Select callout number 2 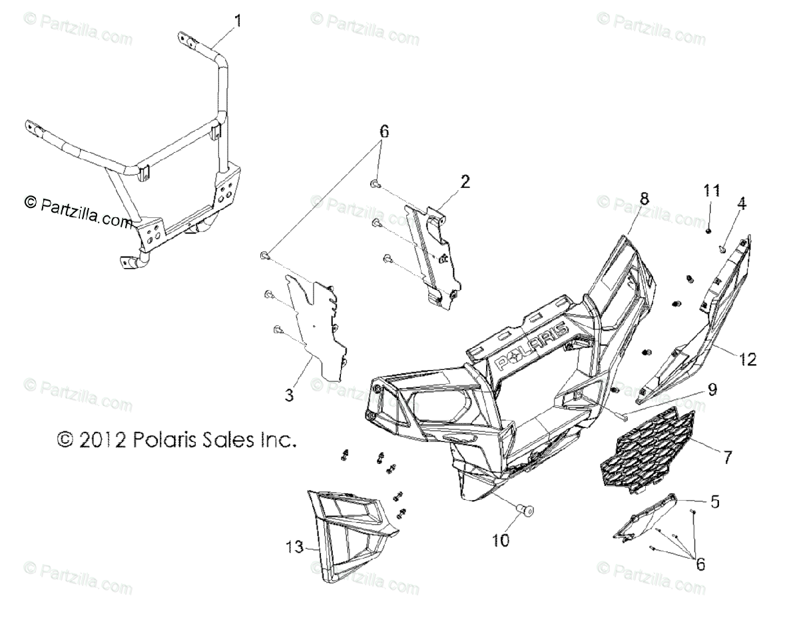464,181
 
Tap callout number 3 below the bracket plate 289,395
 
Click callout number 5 696,501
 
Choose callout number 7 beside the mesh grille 727,457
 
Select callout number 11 712,191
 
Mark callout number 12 748,359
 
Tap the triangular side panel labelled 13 353,527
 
